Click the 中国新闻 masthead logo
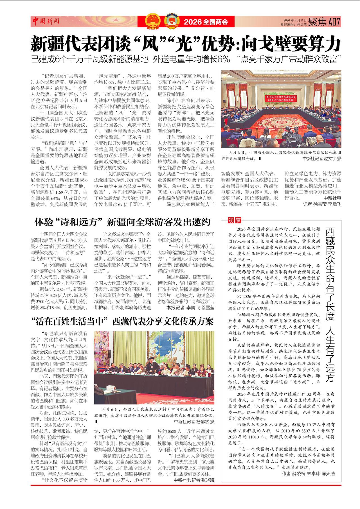(45, 21)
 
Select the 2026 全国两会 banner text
(206, 22)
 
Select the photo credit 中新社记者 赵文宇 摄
(322, 159)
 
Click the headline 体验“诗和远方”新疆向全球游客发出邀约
(122, 222)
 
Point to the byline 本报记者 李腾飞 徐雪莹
(190, 307)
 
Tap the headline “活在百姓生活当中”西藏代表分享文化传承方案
(122, 322)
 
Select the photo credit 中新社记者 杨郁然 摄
(194, 421)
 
